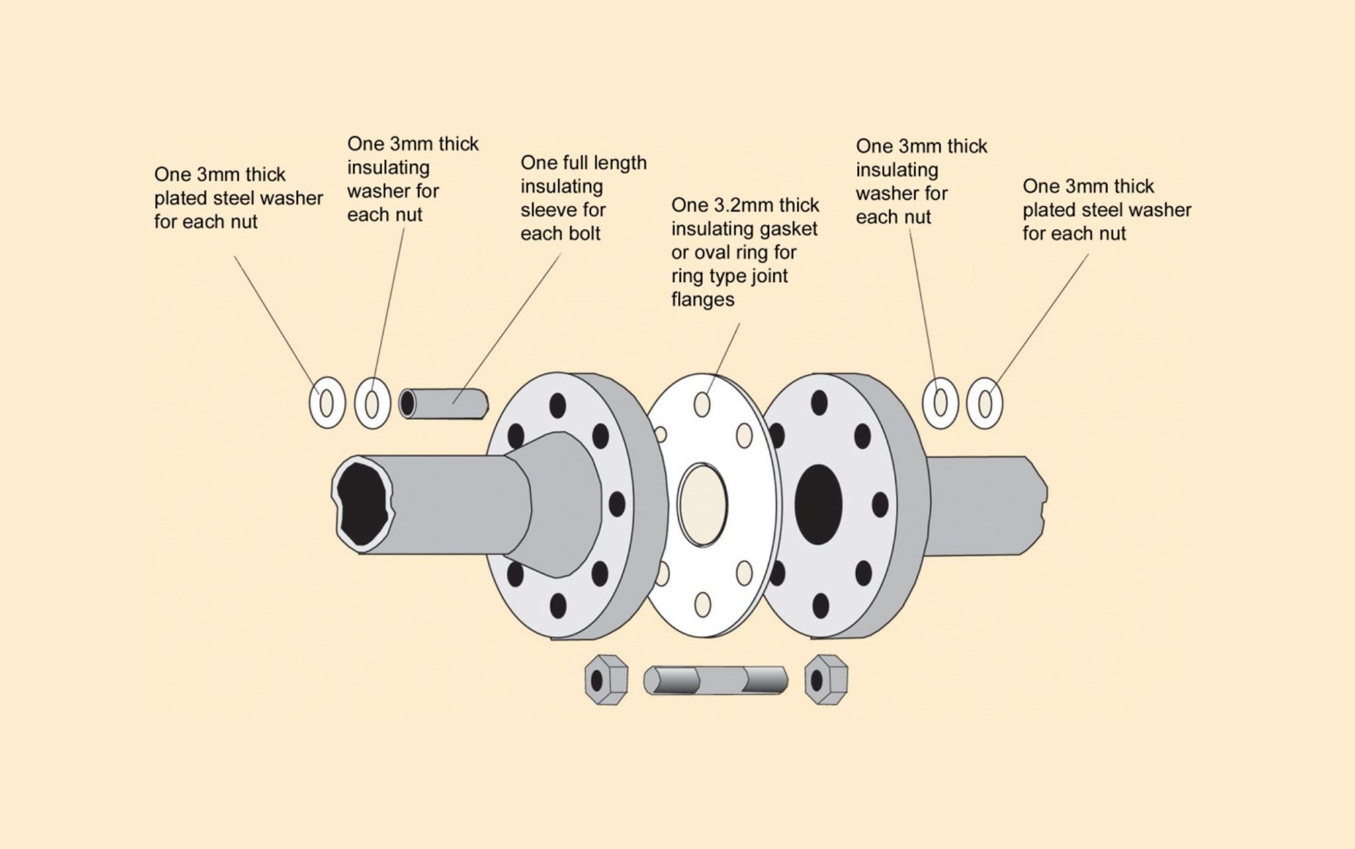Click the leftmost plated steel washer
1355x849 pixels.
pyautogui.click(x=327, y=402)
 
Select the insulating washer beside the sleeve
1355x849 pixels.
pyautogui.click(x=372, y=402)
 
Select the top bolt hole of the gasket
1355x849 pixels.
pyautogui.click(x=703, y=403)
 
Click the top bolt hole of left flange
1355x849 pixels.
pyautogui.click(x=558, y=404)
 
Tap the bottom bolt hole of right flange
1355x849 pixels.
pyautogui.click(x=820, y=605)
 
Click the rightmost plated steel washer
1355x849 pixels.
pyautogui.click(x=984, y=402)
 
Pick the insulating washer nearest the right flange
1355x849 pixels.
pyautogui.click(x=940, y=402)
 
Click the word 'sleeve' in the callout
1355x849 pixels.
pyautogui.click(x=548, y=210)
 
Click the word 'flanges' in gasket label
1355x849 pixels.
pyautogui.click(x=703, y=300)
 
